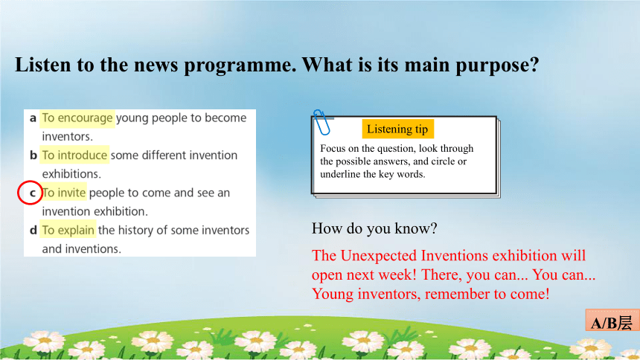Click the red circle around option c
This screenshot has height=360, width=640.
click(19, 193)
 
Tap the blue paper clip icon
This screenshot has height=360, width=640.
click(321, 122)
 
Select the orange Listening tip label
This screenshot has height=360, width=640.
click(397, 129)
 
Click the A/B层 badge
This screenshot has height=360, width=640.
click(612, 322)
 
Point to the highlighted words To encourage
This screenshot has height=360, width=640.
click(77, 118)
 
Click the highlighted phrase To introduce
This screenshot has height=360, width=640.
click(74, 155)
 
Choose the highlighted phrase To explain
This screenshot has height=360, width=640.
click(68, 230)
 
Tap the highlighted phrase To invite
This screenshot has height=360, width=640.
click(64, 193)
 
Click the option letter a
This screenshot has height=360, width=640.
click(33, 118)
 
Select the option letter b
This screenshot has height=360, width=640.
click(33, 155)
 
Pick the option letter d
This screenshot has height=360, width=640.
click(33, 230)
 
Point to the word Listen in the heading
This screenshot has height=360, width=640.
click(42, 65)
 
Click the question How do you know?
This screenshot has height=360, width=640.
click(374, 228)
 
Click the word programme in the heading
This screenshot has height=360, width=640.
click(240, 65)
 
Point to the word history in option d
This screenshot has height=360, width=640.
click(136, 230)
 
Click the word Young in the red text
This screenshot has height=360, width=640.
click(333, 295)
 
